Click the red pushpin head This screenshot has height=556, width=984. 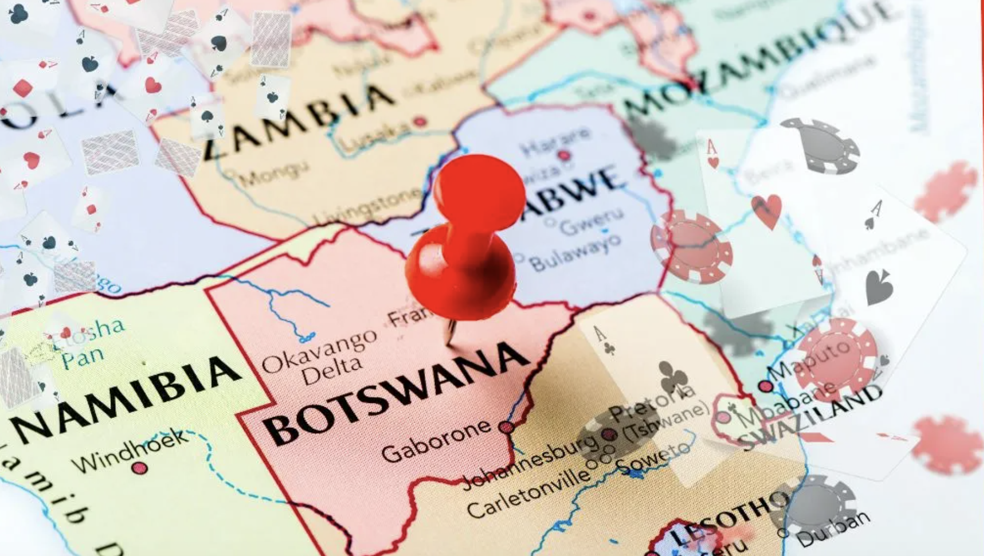coord(478,190)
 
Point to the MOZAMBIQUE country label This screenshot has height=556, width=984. coord(761,60)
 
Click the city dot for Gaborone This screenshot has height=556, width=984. coord(507,427)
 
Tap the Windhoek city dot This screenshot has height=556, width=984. coord(140,467)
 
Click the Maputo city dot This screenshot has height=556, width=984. coord(766,387)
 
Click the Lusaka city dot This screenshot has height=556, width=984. coord(419,122)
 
